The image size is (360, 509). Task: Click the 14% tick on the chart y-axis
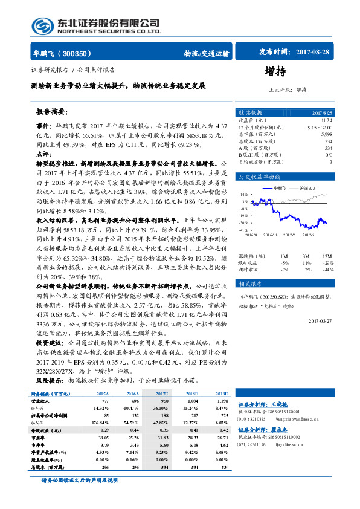point(244,193)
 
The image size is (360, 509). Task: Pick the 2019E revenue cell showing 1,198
point(222,400)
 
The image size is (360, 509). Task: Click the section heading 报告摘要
point(53,112)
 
